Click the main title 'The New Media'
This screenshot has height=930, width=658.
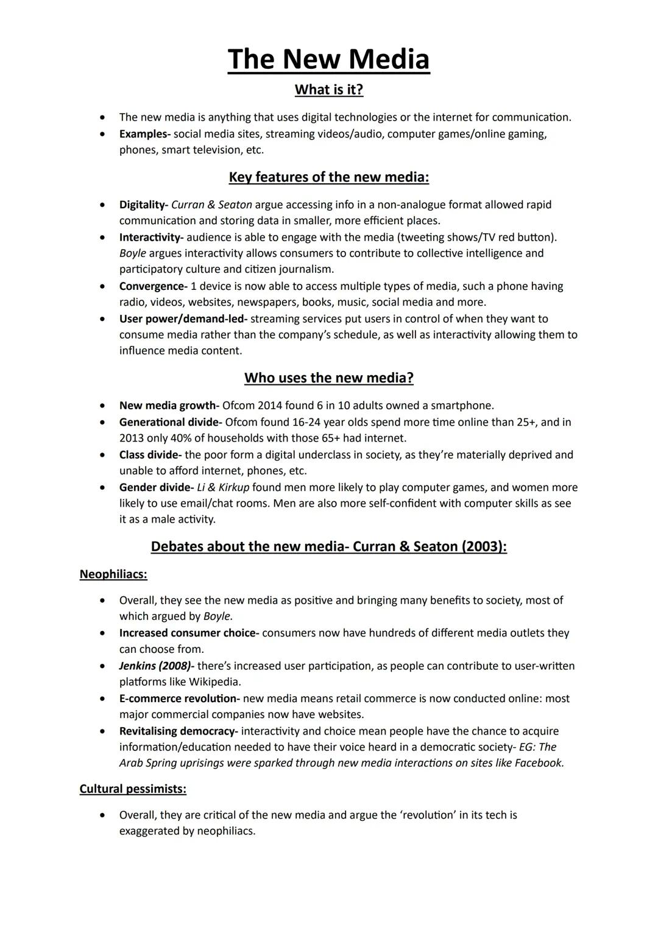pos(328,60)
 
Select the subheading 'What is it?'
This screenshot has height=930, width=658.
pos(328,90)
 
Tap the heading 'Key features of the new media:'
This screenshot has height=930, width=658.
pos(328,177)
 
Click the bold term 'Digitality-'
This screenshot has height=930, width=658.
pos(143,205)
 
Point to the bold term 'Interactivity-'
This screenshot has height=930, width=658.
pos(150,237)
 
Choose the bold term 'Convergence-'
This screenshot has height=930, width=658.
pos(153,286)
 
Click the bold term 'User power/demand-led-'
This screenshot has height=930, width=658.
pos(183,319)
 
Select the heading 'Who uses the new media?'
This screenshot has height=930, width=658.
pos(328,378)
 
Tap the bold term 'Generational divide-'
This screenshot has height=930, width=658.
pos(171,422)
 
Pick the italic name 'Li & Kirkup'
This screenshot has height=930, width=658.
pos(223,487)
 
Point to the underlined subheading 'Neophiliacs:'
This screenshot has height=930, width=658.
pos(113,574)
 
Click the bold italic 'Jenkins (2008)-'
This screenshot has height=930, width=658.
pos(157,666)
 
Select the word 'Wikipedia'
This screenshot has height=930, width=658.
pos(214,682)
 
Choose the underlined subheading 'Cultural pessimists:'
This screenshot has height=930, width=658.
pos(133,789)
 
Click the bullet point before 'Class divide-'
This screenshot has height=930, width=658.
pos(105,455)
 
